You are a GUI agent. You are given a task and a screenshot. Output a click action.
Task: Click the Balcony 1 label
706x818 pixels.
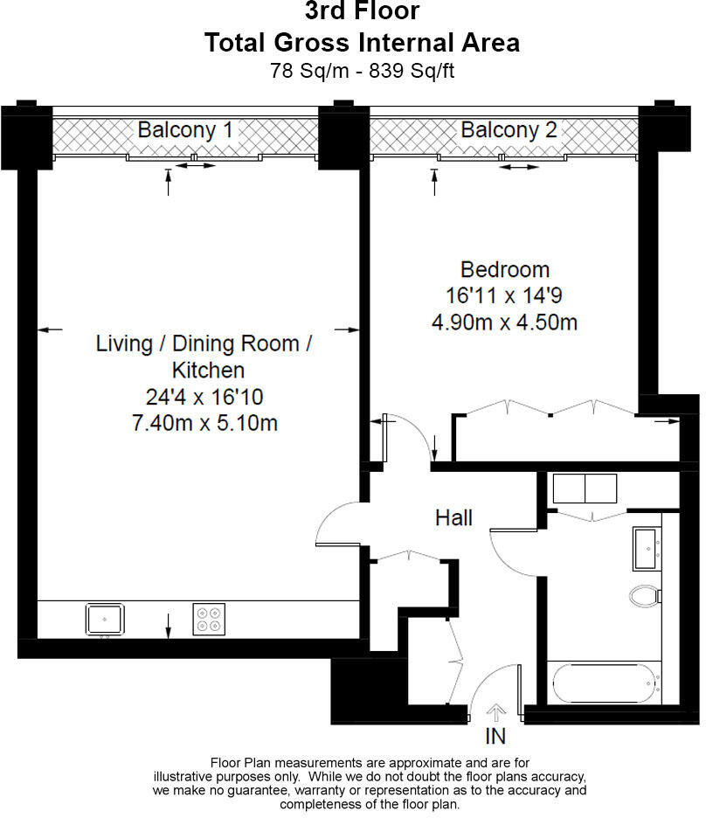(185, 130)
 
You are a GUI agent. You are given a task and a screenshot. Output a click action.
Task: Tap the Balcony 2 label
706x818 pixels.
(509, 130)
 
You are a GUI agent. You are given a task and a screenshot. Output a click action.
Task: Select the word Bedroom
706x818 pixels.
(505, 270)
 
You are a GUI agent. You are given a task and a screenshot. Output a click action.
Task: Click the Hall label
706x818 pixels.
(453, 518)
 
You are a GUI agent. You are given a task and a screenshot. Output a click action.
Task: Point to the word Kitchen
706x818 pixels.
(208, 370)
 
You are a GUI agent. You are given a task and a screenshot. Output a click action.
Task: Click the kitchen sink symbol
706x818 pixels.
(105, 620)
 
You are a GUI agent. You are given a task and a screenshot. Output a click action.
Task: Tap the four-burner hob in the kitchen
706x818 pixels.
(209, 620)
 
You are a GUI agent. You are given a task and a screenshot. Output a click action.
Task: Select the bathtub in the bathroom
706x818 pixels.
(605, 684)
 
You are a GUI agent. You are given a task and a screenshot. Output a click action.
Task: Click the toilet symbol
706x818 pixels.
(646, 596)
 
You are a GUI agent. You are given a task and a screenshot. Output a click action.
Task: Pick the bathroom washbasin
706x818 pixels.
(647, 548)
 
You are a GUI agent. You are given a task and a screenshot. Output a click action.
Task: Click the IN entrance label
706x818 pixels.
(495, 736)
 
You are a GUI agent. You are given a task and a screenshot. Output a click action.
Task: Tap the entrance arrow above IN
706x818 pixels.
(496, 712)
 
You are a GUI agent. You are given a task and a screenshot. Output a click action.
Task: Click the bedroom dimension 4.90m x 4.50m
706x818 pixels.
(505, 322)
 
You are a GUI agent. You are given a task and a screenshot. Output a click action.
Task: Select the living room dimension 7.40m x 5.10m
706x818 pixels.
(205, 423)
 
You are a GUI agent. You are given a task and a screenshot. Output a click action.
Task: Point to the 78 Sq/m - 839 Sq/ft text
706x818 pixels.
(363, 71)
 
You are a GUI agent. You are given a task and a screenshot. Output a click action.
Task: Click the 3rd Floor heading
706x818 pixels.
(363, 11)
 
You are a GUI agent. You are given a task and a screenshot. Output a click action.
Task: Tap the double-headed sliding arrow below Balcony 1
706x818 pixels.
(195, 166)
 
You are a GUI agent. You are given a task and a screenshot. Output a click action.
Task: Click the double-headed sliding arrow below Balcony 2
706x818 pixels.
(518, 168)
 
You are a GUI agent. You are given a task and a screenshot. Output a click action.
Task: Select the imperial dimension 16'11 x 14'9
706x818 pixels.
(504, 295)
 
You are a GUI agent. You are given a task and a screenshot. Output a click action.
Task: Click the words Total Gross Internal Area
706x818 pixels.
(363, 42)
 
